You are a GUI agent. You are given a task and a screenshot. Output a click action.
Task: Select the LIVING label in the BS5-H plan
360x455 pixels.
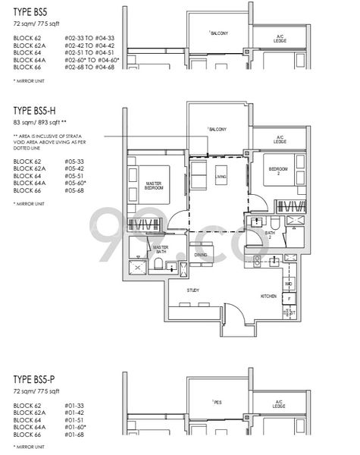pos(221,176)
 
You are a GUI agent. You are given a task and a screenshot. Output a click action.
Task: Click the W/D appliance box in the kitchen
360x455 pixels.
pos(289,284)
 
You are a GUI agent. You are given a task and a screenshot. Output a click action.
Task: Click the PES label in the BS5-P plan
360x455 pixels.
pos(214,403)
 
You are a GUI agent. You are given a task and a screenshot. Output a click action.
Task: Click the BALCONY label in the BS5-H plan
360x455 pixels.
pos(219,130)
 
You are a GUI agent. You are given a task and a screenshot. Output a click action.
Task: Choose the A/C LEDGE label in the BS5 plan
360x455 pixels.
pos(280,38)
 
